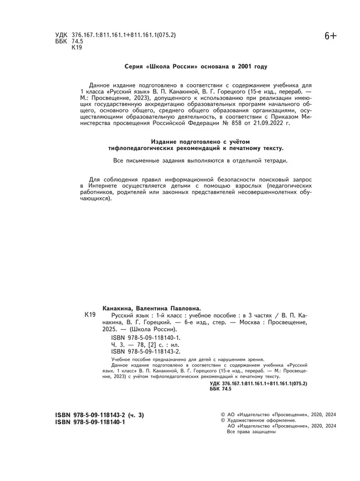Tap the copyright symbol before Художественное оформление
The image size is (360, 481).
tap(223, 420)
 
